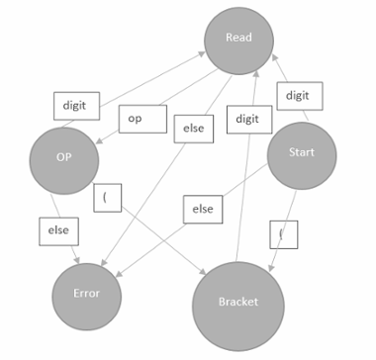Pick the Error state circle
click(89, 294)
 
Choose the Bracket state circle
click(237, 300)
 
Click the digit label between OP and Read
click(75, 106)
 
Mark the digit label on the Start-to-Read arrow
click(297, 95)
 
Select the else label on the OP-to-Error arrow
click(58, 230)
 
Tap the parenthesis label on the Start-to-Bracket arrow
click(283, 235)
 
